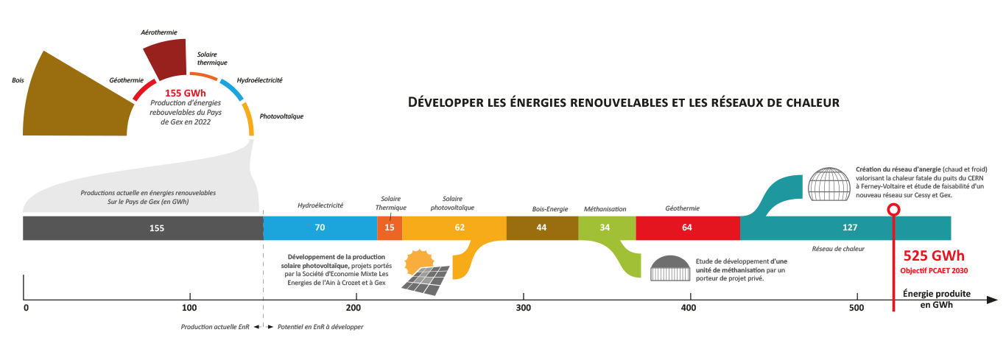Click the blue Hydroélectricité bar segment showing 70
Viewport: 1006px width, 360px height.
point(320,227)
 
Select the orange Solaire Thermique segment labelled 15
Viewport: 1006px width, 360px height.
point(390,227)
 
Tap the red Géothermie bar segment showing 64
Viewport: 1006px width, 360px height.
point(687,227)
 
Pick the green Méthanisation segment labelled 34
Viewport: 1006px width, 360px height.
point(605,227)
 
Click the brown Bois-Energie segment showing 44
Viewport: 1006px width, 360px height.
point(541,227)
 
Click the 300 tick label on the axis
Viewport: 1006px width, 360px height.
point(523,307)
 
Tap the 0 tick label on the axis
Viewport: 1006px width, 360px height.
point(26,307)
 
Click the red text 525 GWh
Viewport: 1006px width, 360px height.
point(933,256)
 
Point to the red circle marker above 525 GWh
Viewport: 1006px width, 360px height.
point(893,210)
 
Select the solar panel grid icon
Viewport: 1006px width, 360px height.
point(426,278)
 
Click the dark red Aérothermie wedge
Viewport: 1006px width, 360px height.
point(166,59)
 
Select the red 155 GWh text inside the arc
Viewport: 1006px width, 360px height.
point(185,93)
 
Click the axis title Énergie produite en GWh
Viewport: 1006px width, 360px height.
point(936,298)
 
